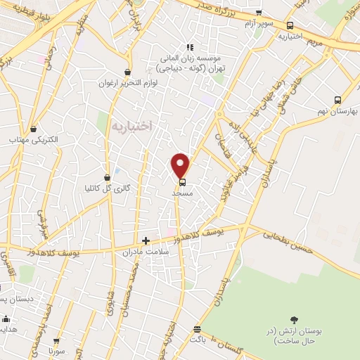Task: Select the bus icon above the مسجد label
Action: tap(182, 180)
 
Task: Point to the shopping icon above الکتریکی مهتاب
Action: tap(34, 128)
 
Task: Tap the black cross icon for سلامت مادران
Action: tap(146, 240)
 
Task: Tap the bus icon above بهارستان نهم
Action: tap(337, 100)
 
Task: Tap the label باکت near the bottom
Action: tap(196, 340)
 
